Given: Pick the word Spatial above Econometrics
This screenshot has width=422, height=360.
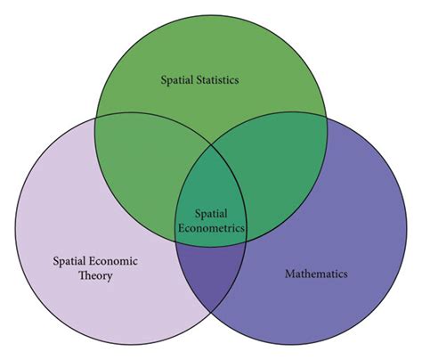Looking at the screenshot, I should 213,214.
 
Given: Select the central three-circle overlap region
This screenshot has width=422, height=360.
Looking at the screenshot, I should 213,200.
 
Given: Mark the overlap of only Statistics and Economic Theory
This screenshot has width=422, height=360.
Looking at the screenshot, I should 142,160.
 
